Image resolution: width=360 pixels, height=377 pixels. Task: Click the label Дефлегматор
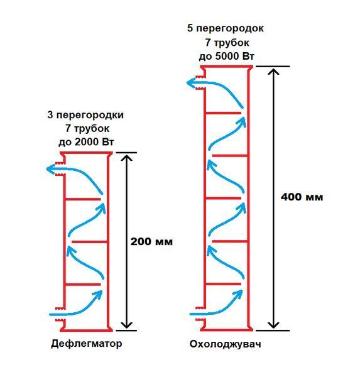86,344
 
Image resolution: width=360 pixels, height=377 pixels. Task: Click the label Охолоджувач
226,344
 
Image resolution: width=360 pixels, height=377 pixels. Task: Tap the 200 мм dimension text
151,242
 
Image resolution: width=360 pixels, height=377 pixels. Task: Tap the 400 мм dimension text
302,197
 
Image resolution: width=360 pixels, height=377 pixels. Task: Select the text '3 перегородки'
85,115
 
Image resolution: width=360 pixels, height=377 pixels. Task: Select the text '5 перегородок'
226,28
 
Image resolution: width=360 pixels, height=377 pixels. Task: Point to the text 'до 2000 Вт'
86,142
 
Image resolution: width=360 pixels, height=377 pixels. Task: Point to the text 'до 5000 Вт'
227,57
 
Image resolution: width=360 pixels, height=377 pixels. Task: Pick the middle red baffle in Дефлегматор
89,242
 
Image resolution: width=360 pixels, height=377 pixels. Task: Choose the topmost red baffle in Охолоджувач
224,112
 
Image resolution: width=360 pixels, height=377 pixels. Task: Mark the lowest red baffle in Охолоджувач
224,284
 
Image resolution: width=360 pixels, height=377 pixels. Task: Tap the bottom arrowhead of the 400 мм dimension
273,325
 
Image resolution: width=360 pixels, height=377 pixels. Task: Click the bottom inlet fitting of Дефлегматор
60,314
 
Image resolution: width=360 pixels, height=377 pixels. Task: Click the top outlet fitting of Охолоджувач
200,83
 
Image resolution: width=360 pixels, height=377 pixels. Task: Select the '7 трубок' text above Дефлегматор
87,129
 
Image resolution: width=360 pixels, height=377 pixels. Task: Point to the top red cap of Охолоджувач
227,67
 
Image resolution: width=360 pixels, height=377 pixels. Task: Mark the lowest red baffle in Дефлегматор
83,285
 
